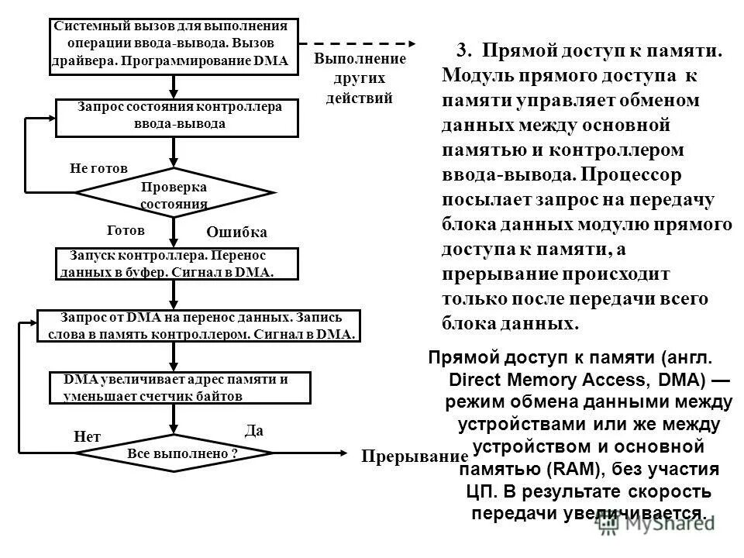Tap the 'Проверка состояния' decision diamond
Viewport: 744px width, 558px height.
point(175,192)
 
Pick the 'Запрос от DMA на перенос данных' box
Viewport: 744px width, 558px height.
point(200,325)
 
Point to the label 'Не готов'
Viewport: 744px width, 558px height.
point(98,168)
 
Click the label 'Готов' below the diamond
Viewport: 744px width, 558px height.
point(125,230)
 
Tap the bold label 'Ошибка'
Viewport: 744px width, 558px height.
point(236,232)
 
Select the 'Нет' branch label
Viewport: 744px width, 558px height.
point(87,437)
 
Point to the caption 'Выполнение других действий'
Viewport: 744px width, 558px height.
point(360,79)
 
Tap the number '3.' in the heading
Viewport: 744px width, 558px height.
point(464,51)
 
